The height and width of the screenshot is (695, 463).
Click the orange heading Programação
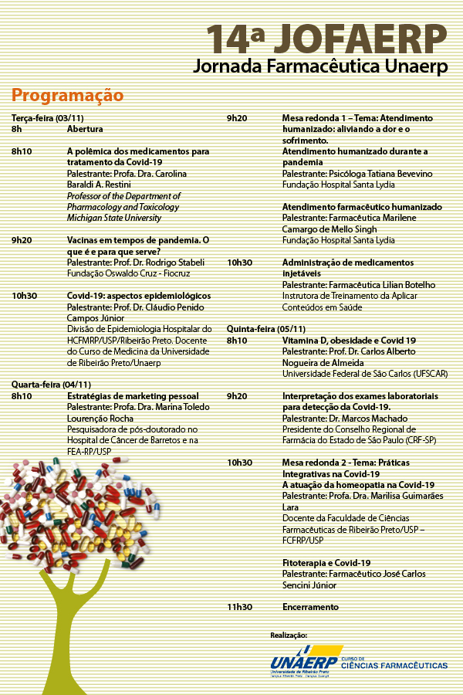tap(67, 96)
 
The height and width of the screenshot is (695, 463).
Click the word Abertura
tap(85, 130)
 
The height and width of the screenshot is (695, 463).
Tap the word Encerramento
tap(310, 607)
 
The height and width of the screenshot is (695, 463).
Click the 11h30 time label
tap(239, 607)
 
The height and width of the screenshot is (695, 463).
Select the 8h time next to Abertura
tap(16, 130)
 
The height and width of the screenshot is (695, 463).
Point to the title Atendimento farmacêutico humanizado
tap(362, 207)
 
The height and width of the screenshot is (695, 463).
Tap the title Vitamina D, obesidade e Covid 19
tap(349, 340)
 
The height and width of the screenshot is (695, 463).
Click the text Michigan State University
tap(114, 218)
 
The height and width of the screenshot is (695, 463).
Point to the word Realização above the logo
tap(289, 635)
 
